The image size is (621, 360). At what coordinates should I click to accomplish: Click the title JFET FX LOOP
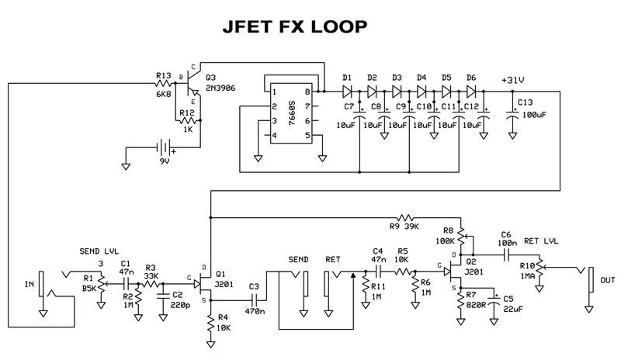coord(295,26)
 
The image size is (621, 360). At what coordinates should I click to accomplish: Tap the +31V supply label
coord(513,80)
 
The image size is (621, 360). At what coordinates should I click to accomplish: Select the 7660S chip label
coord(292,113)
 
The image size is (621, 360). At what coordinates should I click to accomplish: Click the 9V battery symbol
coord(164,147)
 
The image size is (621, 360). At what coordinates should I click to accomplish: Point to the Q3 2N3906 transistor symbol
coord(192,83)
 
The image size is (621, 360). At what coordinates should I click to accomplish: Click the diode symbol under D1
coord(347,92)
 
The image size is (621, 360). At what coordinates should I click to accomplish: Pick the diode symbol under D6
coord(471,92)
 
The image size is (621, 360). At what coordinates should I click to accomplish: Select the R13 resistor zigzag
coord(163,84)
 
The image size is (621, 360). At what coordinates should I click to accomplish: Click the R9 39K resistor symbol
coord(405,218)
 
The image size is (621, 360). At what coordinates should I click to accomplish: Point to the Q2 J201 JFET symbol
coord(452,272)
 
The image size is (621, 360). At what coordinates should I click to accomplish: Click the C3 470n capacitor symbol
coord(254,300)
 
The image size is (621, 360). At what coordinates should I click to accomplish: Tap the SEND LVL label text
coord(99,251)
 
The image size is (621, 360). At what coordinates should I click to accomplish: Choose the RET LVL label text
coord(541,241)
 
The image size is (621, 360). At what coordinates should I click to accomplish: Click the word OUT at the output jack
coord(608,280)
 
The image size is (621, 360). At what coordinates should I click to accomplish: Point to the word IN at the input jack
coord(29,285)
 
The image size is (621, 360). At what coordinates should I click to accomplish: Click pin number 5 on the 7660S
coord(307,136)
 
